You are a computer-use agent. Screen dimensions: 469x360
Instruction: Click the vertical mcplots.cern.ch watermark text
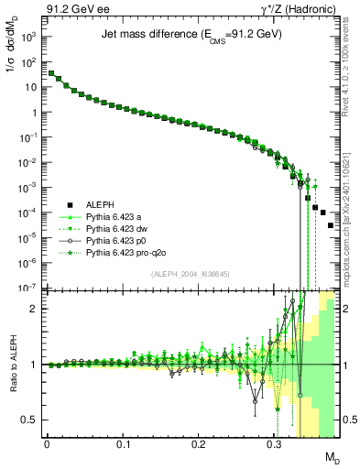pos(348,211)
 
